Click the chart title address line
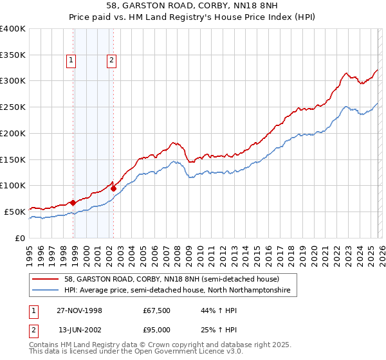192,6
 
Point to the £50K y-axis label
15,212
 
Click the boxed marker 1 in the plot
71,61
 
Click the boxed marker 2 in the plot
111,61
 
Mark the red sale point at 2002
113,188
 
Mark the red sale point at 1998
73,203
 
